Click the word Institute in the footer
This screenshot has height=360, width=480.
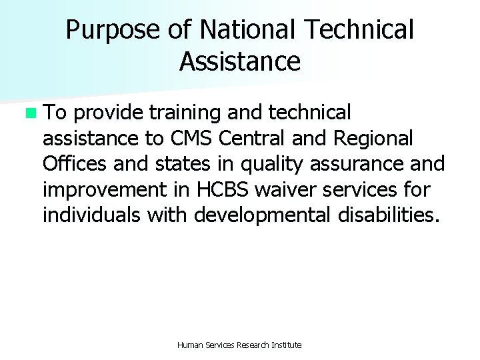coord(287,345)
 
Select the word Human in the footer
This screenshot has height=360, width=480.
coord(190,345)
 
